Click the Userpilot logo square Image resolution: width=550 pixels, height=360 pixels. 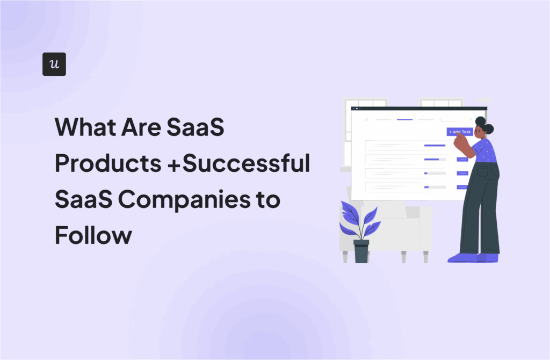pyautogui.click(x=54, y=64)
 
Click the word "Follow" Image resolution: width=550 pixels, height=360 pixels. pyautogui.click(x=93, y=235)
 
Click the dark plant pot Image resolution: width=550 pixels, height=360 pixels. pyautogui.click(x=361, y=251)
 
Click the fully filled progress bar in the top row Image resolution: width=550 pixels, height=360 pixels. pyautogui.click(x=435, y=145)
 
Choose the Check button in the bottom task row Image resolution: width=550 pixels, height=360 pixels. pyautogui.click(x=462, y=187)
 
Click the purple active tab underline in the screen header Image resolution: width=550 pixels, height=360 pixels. pyautogui.click(x=404, y=119)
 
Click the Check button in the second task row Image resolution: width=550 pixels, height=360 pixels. pyautogui.click(x=462, y=159)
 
